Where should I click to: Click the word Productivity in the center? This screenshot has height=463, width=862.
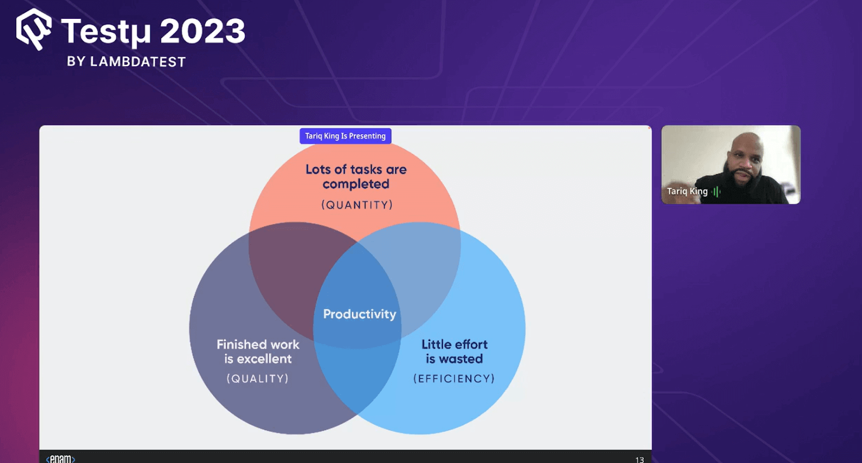pos(359,314)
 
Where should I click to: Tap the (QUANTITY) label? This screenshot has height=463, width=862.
pos(357,205)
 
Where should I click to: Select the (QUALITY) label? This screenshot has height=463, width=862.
pos(258,378)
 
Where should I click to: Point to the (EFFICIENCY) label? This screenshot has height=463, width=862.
pos(454,378)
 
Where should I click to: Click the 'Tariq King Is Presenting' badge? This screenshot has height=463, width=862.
pos(345,136)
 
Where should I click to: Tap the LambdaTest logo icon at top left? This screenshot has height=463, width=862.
pos(33,29)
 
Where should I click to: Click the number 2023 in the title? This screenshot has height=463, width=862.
pos(203,31)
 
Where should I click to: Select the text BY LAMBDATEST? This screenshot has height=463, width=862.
pos(126,62)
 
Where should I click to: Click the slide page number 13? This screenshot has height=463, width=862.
pos(639,459)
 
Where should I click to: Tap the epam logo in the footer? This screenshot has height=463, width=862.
pos(60,459)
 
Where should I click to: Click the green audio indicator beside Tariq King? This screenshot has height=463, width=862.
pos(716,191)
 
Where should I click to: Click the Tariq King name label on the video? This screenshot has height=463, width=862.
pos(687,191)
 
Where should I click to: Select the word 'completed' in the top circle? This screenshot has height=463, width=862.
pos(356,184)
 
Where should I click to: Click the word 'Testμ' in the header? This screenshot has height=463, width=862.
pos(106,32)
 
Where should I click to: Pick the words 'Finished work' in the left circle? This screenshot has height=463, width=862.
pos(258,344)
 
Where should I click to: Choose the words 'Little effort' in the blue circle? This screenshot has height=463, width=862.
pos(454,344)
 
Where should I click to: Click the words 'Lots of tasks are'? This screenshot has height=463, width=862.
pos(356,169)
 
